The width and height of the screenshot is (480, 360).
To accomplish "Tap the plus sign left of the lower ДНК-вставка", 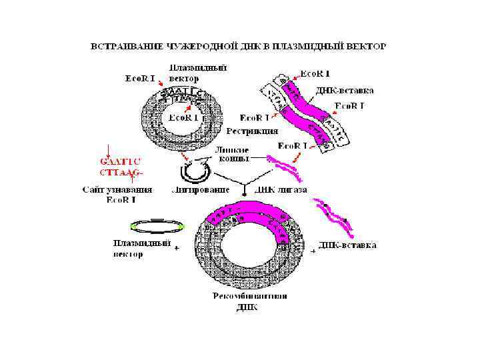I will [x=313, y=252].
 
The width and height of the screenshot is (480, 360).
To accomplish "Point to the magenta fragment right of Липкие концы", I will [x=285, y=164].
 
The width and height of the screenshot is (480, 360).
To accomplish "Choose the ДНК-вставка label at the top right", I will [x=345, y=90].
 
